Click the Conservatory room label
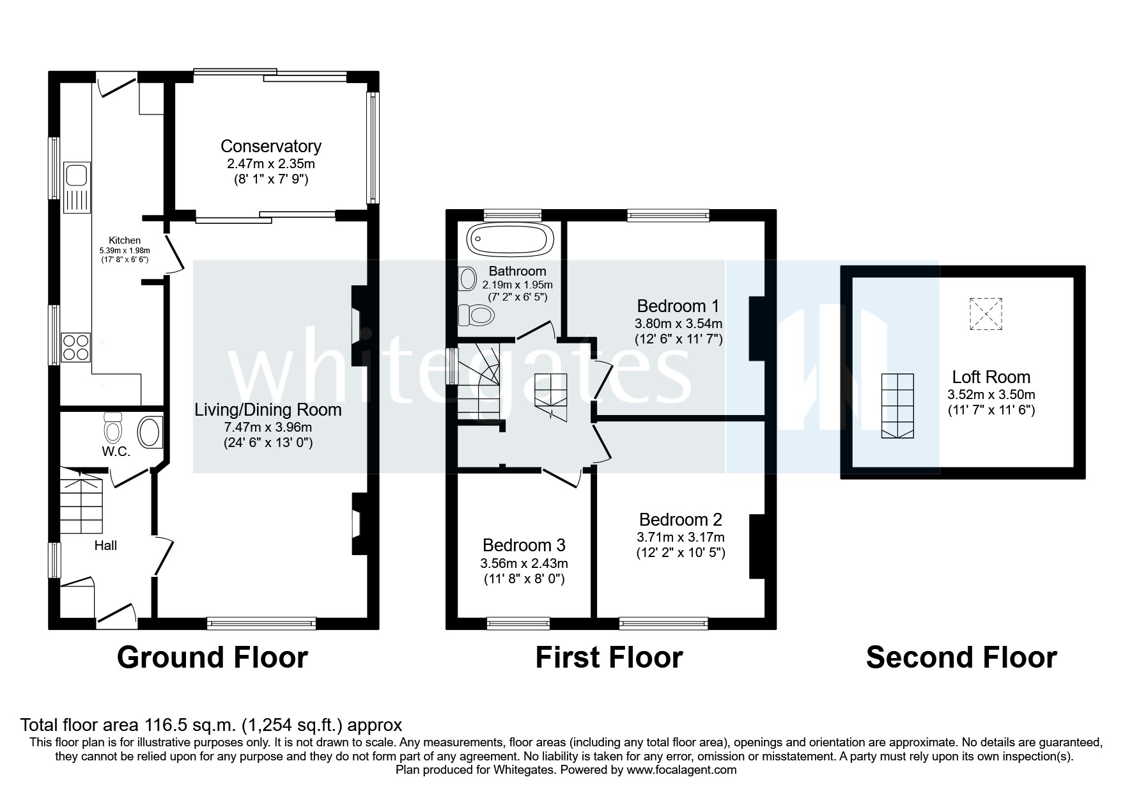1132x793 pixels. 270,146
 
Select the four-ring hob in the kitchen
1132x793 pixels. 75,347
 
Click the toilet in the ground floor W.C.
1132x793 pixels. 113,427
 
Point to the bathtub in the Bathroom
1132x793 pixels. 509,240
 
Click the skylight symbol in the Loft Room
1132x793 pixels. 986,314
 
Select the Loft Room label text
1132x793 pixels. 991,377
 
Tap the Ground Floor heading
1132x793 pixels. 212,657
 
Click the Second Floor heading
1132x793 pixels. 961,657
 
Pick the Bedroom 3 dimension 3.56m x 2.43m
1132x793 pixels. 523,563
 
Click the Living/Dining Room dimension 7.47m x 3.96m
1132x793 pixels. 268,427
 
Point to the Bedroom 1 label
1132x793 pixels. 678,305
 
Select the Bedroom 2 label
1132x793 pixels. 680,519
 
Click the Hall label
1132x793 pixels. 105,546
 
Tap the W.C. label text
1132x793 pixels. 116,451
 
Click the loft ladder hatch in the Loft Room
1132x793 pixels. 897,405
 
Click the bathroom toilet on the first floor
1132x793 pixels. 477,315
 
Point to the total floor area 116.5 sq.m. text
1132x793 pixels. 211,725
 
